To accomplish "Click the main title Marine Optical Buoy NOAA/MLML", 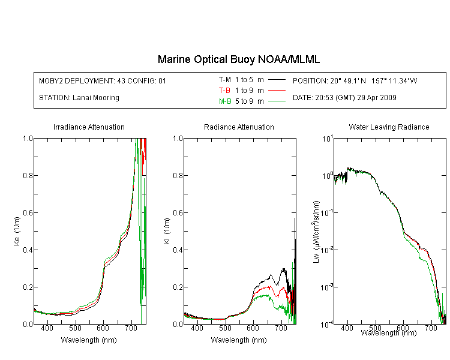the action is (238, 59).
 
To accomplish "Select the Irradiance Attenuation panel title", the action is (89, 127).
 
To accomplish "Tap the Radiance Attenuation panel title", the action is (239, 127).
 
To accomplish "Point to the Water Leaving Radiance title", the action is (389, 127).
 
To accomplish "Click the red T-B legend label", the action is (224, 91).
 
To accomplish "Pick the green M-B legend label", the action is (225, 101).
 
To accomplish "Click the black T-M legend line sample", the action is (277, 80).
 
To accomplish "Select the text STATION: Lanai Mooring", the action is (79, 98).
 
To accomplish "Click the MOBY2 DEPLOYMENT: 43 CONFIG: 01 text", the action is (103, 80).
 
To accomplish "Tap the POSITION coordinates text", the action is (355, 80).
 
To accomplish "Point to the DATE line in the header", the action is (344, 98).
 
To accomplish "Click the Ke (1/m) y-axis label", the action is (17, 231).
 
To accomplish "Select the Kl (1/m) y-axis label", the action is (167, 231).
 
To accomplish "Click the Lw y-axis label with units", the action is (316, 232).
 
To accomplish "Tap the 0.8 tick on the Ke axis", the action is (28, 175).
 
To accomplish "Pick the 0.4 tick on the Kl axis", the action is (178, 250).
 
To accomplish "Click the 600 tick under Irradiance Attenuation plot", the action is (103, 328).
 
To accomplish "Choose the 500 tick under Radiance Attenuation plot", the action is (225, 328).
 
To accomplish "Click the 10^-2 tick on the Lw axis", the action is (327, 250).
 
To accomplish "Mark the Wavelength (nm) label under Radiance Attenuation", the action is (239, 340).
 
